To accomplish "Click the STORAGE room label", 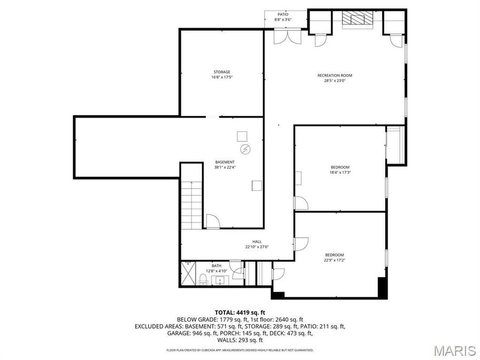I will [x=222, y=72].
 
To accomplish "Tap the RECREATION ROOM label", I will [x=335, y=76].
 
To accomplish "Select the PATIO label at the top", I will [x=283, y=14].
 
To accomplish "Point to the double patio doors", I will [x=284, y=36].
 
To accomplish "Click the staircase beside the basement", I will [x=191, y=203].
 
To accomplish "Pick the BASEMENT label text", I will [x=225, y=162].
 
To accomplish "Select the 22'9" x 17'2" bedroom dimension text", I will [x=334, y=260].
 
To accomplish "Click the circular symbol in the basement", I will [x=245, y=149].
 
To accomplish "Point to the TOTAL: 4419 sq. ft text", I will [x=239, y=313].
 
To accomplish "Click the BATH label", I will [x=216, y=266].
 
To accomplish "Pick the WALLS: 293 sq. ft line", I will [x=239, y=340].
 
